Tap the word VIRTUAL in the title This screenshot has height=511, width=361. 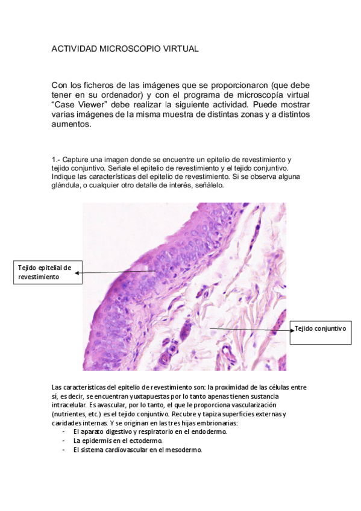click(x=177, y=48)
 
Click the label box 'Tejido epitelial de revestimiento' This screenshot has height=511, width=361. click(x=45, y=272)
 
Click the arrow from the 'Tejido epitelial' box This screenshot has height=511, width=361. click(x=118, y=272)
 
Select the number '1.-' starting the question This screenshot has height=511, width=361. click(x=56, y=159)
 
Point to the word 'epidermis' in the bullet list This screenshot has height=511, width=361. click(x=96, y=440)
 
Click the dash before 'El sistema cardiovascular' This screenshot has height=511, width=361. click(x=64, y=450)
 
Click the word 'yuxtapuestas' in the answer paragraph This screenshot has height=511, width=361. click(x=163, y=397)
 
